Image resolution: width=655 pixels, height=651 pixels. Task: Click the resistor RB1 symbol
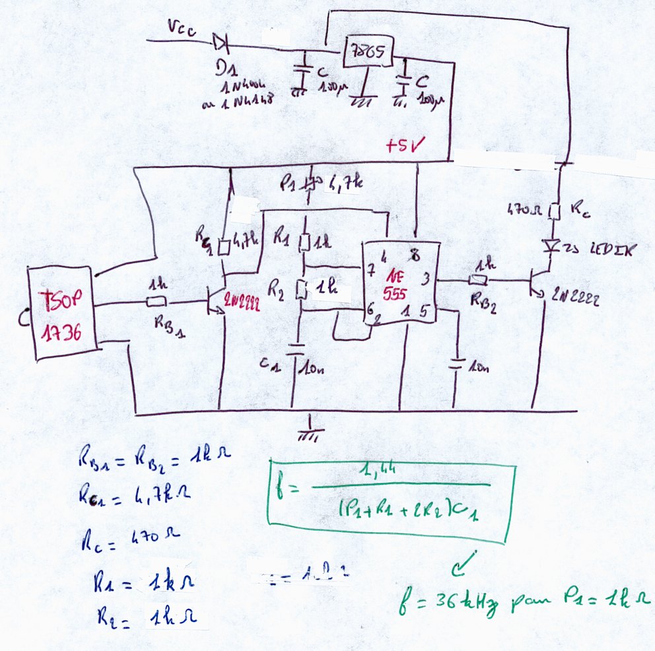point(156,302)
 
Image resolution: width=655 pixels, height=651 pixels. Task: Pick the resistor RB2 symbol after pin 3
point(477,280)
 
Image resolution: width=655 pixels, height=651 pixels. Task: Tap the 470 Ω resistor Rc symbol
point(556,211)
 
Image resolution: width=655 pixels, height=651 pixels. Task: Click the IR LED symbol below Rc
point(556,246)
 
